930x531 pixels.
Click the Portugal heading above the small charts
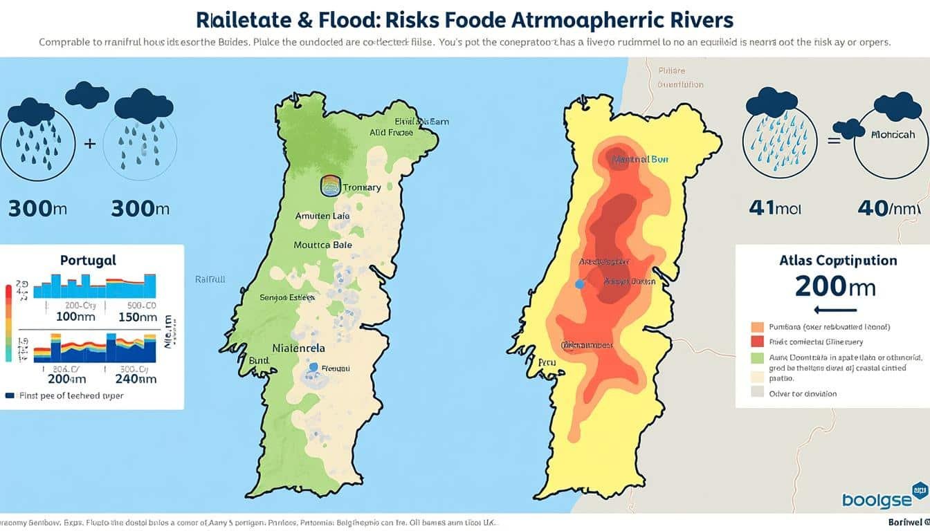[88, 261]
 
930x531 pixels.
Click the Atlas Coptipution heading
[837, 261]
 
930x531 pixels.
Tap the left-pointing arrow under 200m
[836, 310]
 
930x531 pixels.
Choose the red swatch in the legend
[756, 342]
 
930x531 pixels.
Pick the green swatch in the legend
[756, 358]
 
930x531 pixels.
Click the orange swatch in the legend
[756, 326]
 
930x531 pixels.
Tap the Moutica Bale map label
[322, 245]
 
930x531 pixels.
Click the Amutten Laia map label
[322, 216]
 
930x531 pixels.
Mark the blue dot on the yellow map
[580, 284]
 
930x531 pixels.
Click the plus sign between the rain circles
[89, 145]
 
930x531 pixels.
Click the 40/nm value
[887, 208]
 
